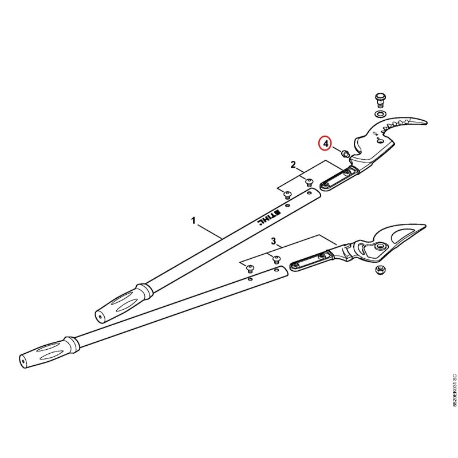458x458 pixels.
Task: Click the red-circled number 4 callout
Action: [x=326, y=143]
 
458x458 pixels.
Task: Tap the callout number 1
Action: [x=193, y=220]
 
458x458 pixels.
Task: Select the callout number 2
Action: [x=293, y=165]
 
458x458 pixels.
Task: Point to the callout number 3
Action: [x=274, y=241]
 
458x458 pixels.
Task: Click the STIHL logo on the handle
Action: [x=269, y=218]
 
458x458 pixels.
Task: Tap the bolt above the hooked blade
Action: [x=380, y=100]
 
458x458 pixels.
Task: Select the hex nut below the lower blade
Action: [x=379, y=270]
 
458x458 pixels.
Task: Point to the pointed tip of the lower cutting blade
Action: [x=424, y=226]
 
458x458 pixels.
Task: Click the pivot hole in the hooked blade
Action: [x=380, y=140]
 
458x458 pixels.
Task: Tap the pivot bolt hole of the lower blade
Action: [x=380, y=246]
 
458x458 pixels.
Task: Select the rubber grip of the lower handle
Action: [x=50, y=352]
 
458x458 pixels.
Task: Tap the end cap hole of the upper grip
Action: [x=100, y=316]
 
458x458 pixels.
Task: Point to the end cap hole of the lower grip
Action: [x=23, y=361]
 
